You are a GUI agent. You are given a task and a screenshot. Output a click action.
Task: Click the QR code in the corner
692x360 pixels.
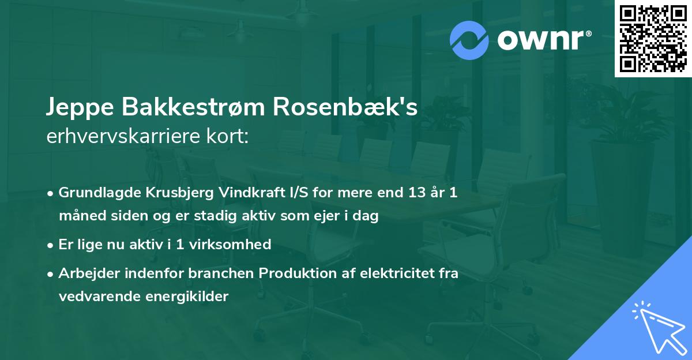pos(653,39)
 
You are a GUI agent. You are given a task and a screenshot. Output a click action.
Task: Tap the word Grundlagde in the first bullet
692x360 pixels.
pos(94,193)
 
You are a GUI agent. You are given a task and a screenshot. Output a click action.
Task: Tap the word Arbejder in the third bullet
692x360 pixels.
pos(84,273)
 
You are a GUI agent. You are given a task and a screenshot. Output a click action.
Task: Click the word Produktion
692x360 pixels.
pos(294,273)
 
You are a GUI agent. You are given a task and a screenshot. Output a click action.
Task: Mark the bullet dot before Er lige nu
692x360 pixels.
pos(51,245)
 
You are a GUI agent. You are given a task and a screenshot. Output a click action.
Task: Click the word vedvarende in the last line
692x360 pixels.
pos(95,297)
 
